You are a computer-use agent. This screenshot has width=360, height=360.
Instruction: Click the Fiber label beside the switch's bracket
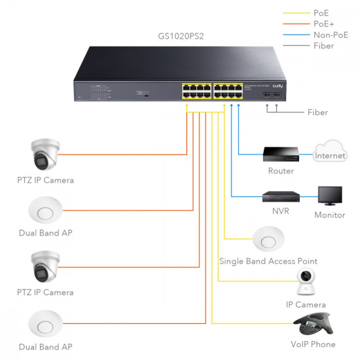[317, 113]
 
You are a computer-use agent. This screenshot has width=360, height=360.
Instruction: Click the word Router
[281, 171]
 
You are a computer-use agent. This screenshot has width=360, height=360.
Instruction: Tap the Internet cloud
[331, 153]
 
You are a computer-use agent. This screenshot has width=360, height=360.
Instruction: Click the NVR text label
[281, 211]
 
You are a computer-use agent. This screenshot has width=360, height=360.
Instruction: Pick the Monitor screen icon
[329, 196]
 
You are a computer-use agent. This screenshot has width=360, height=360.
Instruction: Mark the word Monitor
[329, 214]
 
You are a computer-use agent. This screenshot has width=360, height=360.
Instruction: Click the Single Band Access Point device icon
[268, 238]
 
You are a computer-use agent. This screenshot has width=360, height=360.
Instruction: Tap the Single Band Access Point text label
[268, 261]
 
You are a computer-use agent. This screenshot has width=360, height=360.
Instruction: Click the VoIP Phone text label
[313, 344]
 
